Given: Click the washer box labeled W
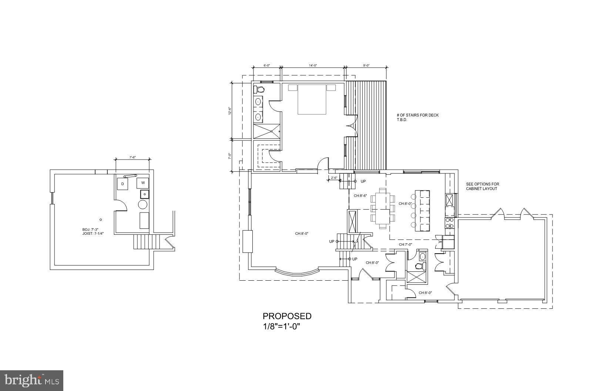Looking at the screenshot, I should tap(143, 183).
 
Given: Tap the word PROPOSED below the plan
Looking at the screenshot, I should tap(287, 316).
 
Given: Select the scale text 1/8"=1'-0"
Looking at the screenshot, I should tap(281, 327).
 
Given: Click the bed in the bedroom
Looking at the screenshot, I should tap(312, 100).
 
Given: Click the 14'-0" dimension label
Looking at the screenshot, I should tap(313, 66).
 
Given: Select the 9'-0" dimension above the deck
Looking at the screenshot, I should tap(366, 66).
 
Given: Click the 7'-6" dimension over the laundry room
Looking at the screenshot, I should tap(132, 157).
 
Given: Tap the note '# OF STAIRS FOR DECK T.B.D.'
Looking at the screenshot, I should tap(417, 117).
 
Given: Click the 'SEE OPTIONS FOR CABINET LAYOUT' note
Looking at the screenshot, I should tap(482, 186).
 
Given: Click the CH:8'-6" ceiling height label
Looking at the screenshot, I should tap(360, 196).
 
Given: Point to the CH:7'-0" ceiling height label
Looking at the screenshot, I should tap(405, 244).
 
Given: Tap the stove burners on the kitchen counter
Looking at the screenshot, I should tap(449, 223).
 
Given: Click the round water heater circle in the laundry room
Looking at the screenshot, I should tap(143, 204).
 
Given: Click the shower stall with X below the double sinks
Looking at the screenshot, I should tap(266, 131).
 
